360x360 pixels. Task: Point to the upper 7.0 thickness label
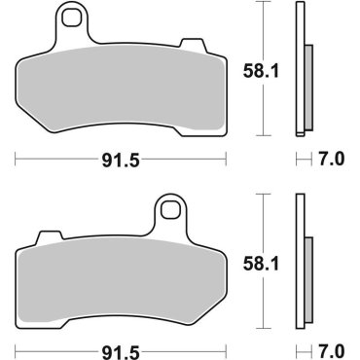[332, 158]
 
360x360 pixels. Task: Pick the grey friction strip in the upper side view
[308, 88]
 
